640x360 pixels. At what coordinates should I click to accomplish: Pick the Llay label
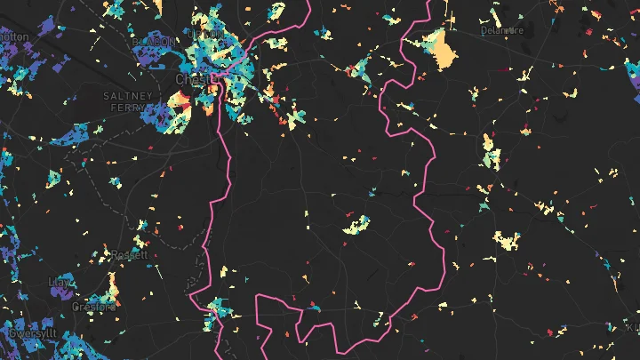tap(60, 282)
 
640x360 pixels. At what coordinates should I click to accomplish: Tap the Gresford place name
tap(93, 307)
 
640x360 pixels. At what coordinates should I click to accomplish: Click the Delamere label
tap(502, 29)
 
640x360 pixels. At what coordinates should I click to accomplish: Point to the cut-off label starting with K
tap(633, 327)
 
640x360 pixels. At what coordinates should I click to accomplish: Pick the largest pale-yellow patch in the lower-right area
tap(506, 241)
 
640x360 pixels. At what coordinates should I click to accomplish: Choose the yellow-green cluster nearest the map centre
tap(357, 226)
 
